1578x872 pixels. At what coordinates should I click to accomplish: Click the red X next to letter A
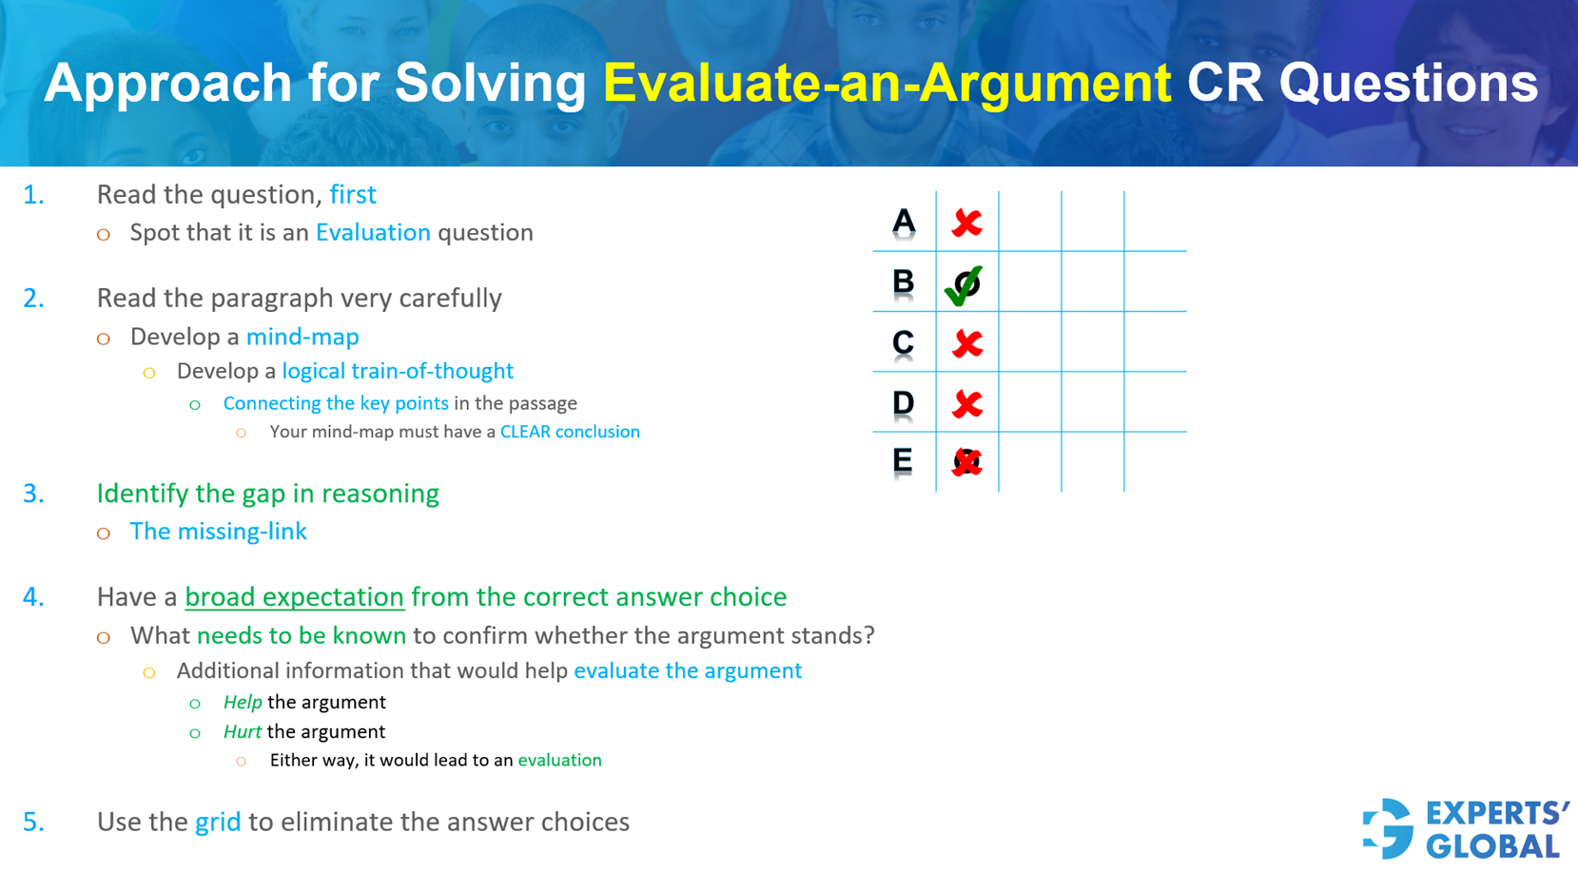(966, 223)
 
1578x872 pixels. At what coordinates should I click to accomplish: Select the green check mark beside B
(964, 284)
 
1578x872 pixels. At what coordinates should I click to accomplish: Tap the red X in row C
(966, 343)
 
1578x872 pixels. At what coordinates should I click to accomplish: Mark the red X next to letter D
(966, 404)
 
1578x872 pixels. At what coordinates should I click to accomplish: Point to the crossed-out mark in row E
(966, 462)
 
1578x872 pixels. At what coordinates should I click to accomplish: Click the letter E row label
(903, 461)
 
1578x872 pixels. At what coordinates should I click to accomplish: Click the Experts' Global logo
(1466, 828)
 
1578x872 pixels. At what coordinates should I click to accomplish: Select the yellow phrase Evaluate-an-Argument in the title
(886, 83)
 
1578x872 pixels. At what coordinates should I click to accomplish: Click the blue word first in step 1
(353, 195)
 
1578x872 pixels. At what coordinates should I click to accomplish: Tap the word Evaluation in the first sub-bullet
(373, 233)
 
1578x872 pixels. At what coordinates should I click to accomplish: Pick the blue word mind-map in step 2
(302, 337)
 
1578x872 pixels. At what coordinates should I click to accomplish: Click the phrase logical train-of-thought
(398, 371)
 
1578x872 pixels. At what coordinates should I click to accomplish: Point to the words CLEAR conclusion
(570, 432)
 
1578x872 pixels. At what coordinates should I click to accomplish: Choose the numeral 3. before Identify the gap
(33, 494)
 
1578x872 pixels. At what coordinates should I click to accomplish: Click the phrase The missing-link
(218, 532)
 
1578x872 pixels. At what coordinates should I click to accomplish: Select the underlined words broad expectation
(294, 597)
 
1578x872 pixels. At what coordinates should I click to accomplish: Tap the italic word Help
(243, 703)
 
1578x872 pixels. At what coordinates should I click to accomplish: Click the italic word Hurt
(242, 732)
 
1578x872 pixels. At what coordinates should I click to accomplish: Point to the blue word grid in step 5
(218, 823)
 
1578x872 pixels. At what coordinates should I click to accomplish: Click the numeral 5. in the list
(33, 823)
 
